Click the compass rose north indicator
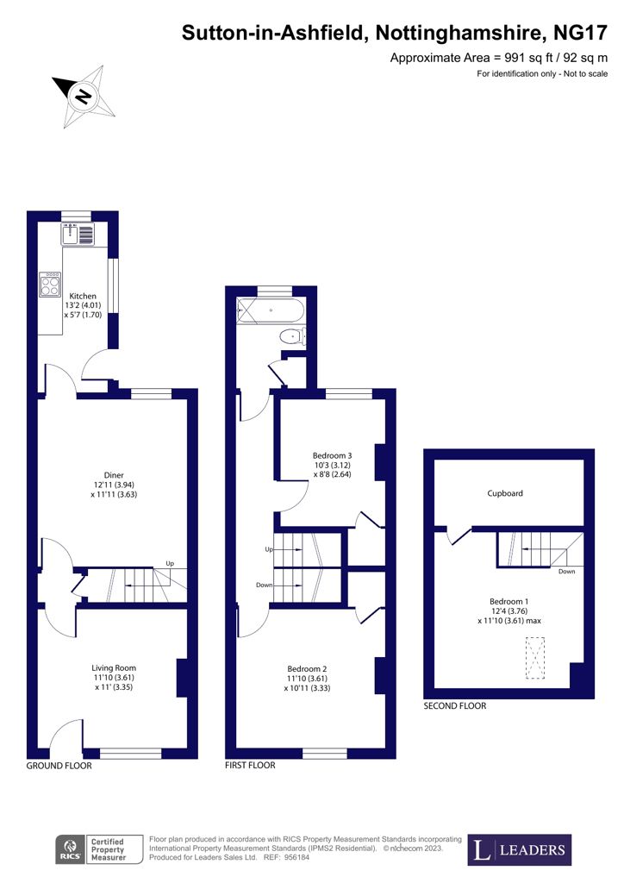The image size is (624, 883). (84, 97)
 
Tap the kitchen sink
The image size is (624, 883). (78, 234)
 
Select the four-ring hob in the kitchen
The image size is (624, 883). (50, 285)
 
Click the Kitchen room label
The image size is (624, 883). (83, 297)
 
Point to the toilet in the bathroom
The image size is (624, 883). (292, 337)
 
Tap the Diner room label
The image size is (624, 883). (114, 475)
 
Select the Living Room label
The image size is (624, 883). (114, 668)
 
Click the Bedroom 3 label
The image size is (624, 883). (333, 455)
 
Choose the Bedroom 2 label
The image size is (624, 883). (307, 669)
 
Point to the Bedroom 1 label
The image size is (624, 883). (509, 601)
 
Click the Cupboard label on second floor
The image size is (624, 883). (505, 493)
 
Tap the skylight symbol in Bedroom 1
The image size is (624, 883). (535, 658)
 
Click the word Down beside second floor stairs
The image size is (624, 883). (566, 571)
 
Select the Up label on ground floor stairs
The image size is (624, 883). (170, 563)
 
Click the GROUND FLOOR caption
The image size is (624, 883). (59, 766)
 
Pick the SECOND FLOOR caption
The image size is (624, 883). (454, 705)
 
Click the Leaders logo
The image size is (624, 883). (520, 849)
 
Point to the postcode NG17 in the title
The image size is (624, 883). (581, 33)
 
